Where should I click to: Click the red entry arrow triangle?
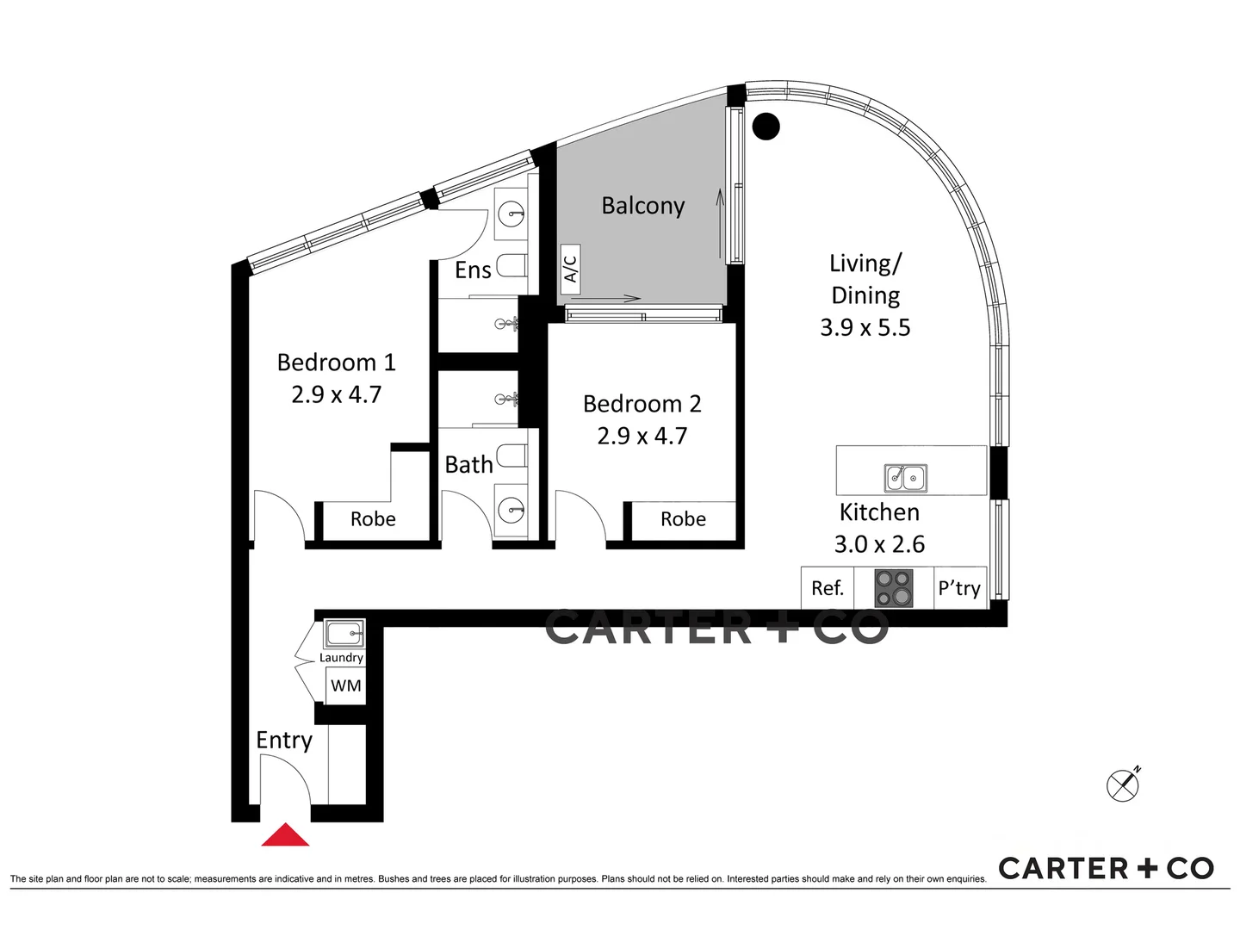[x=285, y=835]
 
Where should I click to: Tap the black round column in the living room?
[x=766, y=127]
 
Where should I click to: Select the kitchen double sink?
[x=906, y=478]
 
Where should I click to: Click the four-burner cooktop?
[x=894, y=588]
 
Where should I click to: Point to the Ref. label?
[x=827, y=588]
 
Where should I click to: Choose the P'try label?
[x=959, y=588]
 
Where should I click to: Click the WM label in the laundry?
[x=345, y=686]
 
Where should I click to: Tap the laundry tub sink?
[x=344, y=635]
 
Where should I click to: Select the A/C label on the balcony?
[x=570, y=264]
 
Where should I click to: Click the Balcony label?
[x=642, y=206]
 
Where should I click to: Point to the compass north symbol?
[x=1123, y=784]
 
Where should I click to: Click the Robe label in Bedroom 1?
[x=373, y=519]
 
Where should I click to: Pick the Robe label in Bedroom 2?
[x=683, y=519]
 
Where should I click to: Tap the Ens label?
[x=473, y=270]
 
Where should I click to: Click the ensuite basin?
[x=512, y=212]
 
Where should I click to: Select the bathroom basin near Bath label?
[x=512, y=510]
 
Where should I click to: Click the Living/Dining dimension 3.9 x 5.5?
[x=865, y=327]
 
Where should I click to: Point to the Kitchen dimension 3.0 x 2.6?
[x=879, y=544]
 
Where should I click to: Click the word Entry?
[x=284, y=741]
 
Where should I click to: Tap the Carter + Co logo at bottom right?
[x=1106, y=868]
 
